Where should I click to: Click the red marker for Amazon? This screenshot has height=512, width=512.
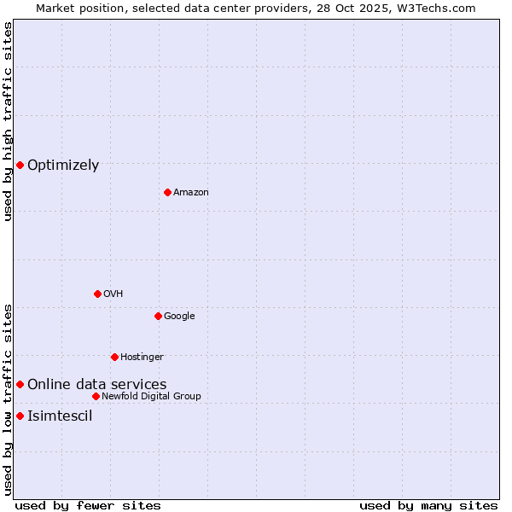point(167,192)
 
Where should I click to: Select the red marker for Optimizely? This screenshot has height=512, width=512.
point(20,165)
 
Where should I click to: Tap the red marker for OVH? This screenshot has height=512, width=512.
point(97,294)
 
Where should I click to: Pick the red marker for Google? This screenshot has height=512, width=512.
point(158,316)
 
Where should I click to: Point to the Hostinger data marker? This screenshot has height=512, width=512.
point(114,357)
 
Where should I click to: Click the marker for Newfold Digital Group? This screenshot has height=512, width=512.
point(96,396)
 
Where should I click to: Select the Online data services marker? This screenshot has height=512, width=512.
point(20,384)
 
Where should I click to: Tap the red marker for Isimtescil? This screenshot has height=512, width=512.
point(20,416)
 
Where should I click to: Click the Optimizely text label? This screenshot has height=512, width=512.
point(63,166)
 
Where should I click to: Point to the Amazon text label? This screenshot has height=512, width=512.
point(191,193)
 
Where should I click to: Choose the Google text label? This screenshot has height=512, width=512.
point(179,317)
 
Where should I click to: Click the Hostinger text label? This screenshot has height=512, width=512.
point(142,358)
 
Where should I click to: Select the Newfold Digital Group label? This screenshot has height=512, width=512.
point(151,397)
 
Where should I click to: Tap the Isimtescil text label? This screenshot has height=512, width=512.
point(60,416)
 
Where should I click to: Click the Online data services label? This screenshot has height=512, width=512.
point(97,385)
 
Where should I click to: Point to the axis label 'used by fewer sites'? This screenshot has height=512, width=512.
point(88,505)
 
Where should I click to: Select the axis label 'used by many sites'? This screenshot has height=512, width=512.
point(428,505)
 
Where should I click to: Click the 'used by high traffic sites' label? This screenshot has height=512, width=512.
point(8,121)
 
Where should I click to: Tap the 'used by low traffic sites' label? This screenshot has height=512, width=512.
point(8,399)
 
